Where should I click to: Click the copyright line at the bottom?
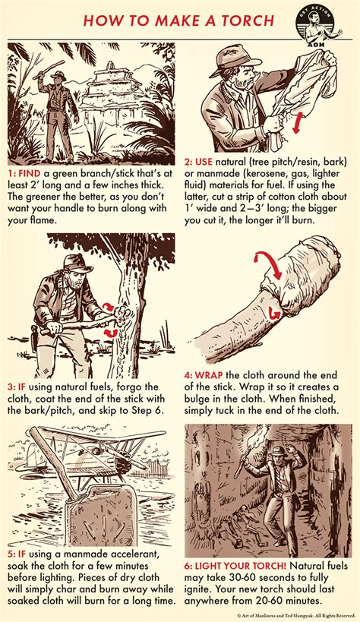click(292, 616)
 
